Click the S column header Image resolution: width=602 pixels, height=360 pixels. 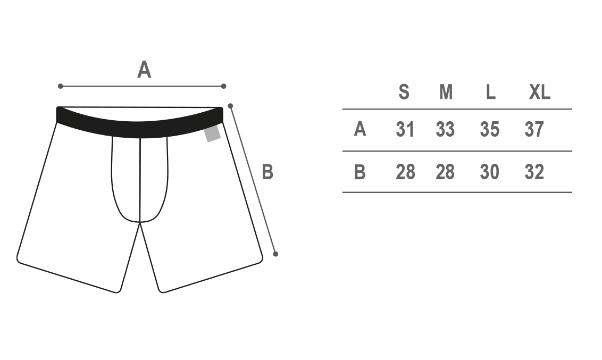tap(404, 92)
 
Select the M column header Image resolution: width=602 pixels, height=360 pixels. tap(446, 92)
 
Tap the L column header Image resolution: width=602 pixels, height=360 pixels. tap(491, 92)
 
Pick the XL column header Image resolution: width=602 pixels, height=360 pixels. tap(539, 92)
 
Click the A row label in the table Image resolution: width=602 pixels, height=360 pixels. tap(359, 129)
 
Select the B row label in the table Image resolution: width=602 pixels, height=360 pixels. tap(359, 172)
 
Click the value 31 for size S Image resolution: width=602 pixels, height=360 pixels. tap(405, 129)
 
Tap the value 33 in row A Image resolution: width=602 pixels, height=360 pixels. tap(445, 129)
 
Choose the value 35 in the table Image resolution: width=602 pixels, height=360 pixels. tap(489, 129)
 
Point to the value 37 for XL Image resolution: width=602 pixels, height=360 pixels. tap(534, 129)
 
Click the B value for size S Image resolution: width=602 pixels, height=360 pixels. tap(405, 172)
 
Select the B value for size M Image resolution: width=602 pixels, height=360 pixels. tap(445, 172)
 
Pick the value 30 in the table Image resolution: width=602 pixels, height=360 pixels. tap(489, 172)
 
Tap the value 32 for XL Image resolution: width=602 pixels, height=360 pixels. tap(534, 172)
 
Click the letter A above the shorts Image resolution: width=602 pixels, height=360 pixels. tap(144, 70)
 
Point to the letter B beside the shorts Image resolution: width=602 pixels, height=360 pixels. tap(267, 172)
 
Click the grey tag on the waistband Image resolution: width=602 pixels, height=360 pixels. tap(212, 133)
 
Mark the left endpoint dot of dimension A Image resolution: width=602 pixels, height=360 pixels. tap(60, 86)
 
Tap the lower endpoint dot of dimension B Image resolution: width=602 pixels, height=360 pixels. tap(275, 254)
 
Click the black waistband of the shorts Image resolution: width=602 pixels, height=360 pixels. tap(139, 129)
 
